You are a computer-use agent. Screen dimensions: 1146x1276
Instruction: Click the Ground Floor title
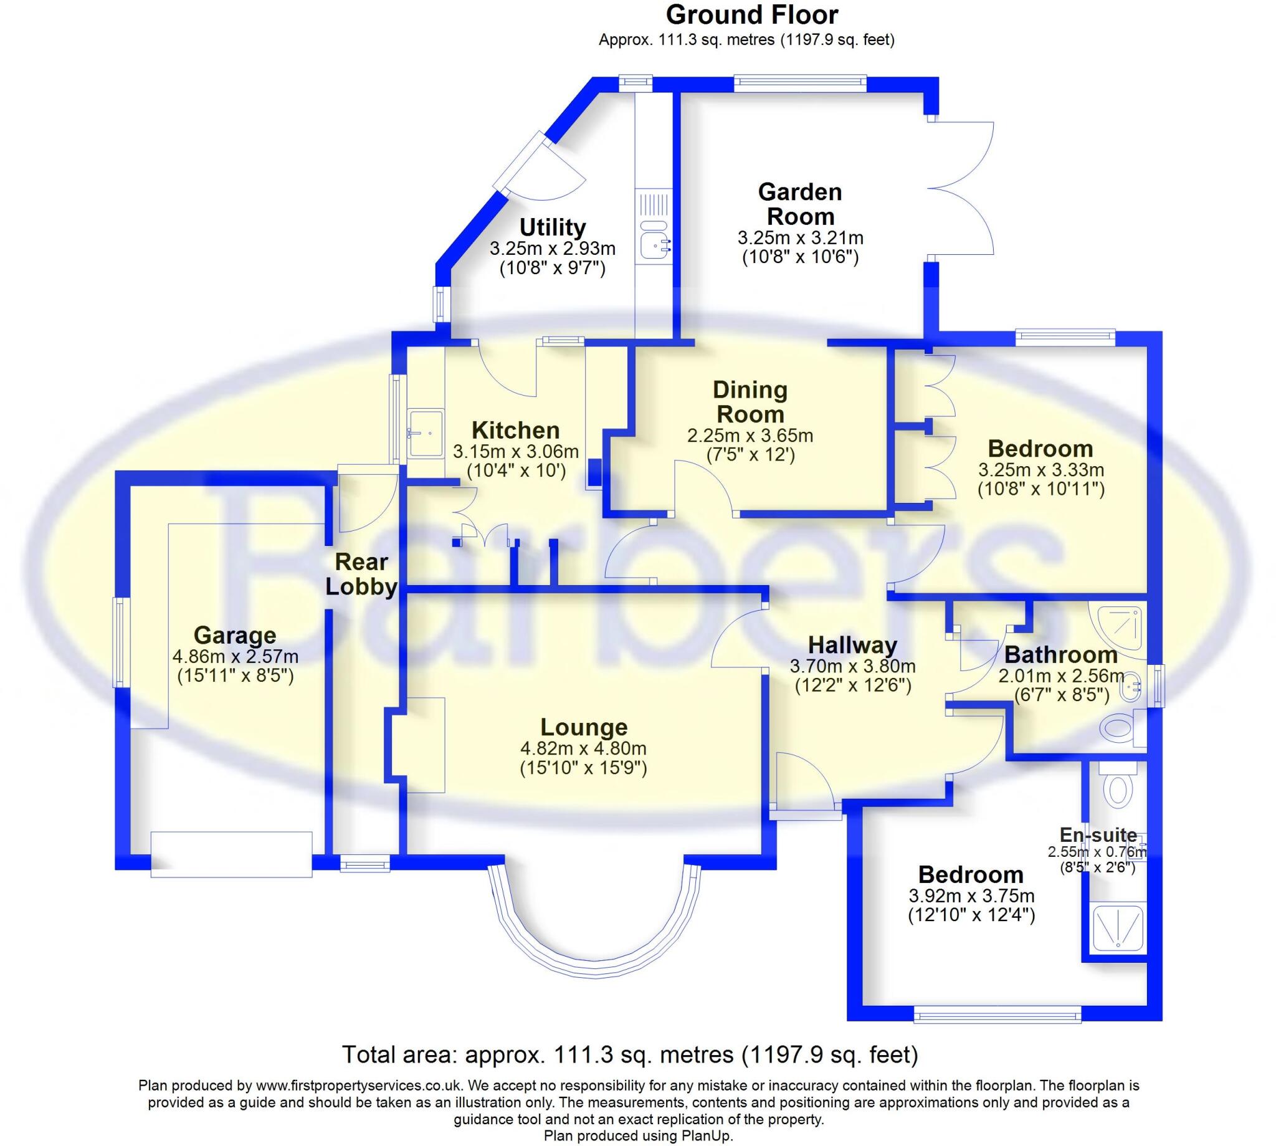tap(751, 14)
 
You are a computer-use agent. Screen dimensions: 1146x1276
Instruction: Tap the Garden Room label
tap(799, 203)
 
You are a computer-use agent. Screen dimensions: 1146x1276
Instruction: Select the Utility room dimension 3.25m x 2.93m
tap(552, 249)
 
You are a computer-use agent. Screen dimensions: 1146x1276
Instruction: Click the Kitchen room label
tap(515, 430)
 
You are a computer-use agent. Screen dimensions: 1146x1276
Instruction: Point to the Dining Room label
tap(750, 402)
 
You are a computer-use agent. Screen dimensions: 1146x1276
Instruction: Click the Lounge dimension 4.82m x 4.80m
tap(583, 748)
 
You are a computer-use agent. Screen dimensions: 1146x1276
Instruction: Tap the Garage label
tap(235, 635)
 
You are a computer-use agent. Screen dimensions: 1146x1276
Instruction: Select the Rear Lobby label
tap(361, 574)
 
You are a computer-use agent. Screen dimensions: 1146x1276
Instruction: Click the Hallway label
tap(852, 645)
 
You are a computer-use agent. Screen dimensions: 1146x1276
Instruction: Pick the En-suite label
tap(1098, 835)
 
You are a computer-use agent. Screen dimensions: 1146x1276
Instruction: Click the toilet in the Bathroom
tap(1118, 729)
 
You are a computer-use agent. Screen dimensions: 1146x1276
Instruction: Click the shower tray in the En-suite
tap(1117, 927)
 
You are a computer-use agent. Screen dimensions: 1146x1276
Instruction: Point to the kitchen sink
tap(425, 432)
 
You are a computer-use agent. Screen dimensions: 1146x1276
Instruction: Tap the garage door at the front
tap(231, 854)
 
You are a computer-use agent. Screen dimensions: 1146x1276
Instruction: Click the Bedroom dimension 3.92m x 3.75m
tap(971, 895)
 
